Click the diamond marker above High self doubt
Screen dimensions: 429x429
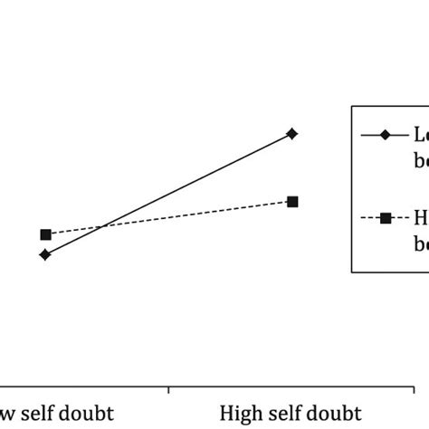pyautogui.click(x=292, y=134)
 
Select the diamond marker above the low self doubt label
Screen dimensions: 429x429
pyautogui.click(x=45, y=254)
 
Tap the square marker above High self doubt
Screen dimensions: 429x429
pyautogui.click(x=292, y=201)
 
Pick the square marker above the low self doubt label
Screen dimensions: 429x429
pyautogui.click(x=45, y=234)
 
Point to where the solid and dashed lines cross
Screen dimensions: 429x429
pyautogui.click(x=102, y=226)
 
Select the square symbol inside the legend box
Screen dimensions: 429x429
pyautogui.click(x=385, y=217)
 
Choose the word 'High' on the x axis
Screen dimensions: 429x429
pyautogui.click(x=237, y=414)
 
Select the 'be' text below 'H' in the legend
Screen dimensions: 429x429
pyautogui.click(x=421, y=243)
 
